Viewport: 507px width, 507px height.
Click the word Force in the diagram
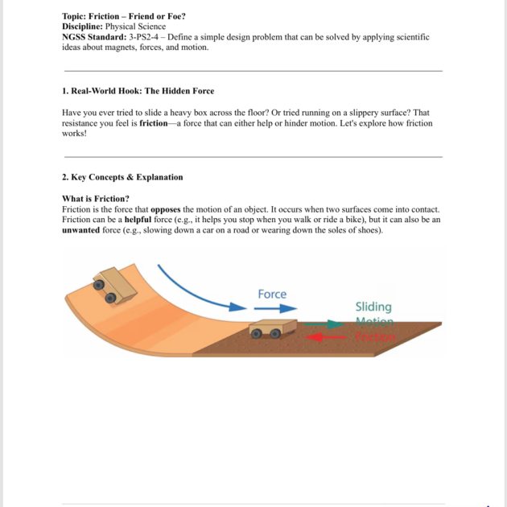point(272,294)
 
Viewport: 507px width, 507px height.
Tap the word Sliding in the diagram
point(373,307)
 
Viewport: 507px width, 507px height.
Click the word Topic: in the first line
point(76,16)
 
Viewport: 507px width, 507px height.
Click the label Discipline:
point(86,27)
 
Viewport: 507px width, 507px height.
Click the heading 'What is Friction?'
point(96,198)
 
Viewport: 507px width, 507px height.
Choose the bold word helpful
point(133,219)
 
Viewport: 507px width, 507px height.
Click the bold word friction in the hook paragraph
point(153,123)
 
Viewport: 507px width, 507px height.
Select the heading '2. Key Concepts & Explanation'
point(122,177)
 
